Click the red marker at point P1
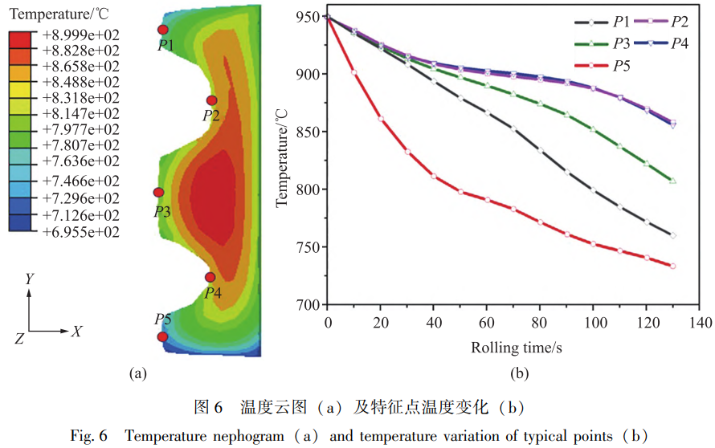pos(163,30)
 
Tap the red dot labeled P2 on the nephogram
pos(211,100)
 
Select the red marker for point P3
pos(158,193)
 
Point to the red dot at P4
pos(210,277)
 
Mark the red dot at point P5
pos(162,337)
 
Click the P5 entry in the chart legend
pos(620,65)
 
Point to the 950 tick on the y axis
pos(308,16)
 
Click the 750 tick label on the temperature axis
pos(308,247)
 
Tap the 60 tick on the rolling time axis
pos(487,322)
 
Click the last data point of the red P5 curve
pos(672,266)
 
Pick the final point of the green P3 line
pos(672,181)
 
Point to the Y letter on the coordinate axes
pos(29,279)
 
